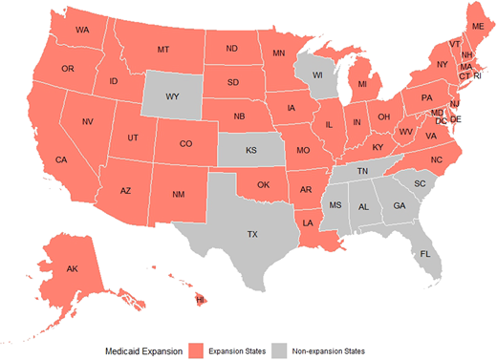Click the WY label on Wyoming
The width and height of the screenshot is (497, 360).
(172, 96)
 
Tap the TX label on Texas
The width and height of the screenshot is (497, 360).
(252, 234)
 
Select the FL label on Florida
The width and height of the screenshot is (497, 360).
(425, 255)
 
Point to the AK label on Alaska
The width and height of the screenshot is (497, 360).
(73, 269)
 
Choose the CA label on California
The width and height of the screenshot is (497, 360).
(60, 159)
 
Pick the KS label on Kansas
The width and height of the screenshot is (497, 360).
(251, 151)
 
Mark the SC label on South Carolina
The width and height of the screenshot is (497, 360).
(420, 183)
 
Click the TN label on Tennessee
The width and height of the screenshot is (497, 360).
(363, 171)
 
